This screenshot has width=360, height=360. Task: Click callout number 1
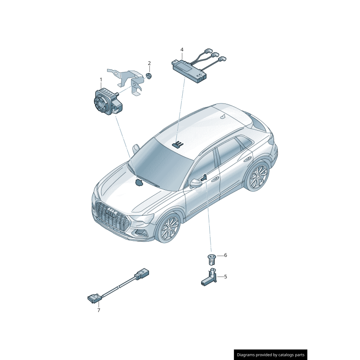pyautogui.click(x=101, y=80)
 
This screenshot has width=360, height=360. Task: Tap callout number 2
pyautogui.click(x=149, y=63)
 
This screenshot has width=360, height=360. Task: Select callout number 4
pyautogui.click(x=182, y=49)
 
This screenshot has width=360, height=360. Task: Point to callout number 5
pyautogui.click(x=225, y=277)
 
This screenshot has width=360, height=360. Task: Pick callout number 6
pyautogui.click(x=225, y=255)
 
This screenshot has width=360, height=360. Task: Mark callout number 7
pyautogui.click(x=99, y=310)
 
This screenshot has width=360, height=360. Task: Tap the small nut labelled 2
pyautogui.click(x=149, y=75)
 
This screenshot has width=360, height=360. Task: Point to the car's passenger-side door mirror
pyautogui.click(x=195, y=183)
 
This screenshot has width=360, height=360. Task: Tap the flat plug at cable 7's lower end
pyautogui.click(x=93, y=297)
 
